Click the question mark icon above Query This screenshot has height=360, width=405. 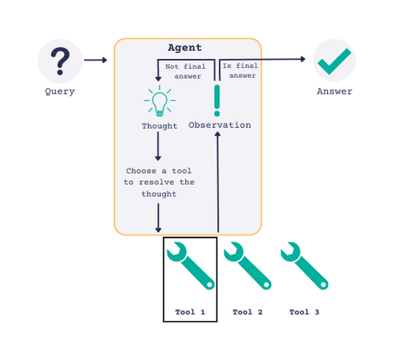(60, 61)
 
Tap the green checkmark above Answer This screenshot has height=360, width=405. (334, 61)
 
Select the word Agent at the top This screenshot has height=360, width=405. (185, 48)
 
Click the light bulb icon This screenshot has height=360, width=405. (160, 101)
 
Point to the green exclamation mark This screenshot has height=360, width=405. (217, 100)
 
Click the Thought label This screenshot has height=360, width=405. (159, 126)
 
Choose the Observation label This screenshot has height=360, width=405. (219, 125)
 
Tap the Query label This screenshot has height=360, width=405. (60, 91)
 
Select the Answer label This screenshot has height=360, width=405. (335, 91)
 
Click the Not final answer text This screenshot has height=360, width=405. (186, 71)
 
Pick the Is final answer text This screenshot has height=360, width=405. (240, 70)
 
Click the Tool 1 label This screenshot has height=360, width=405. (190, 312)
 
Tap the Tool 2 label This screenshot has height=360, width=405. (247, 312)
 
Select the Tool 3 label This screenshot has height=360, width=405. (304, 312)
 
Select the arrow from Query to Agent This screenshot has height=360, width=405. (96, 60)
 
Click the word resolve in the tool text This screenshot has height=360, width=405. (156, 183)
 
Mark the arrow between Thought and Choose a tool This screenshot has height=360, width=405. (158, 146)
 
